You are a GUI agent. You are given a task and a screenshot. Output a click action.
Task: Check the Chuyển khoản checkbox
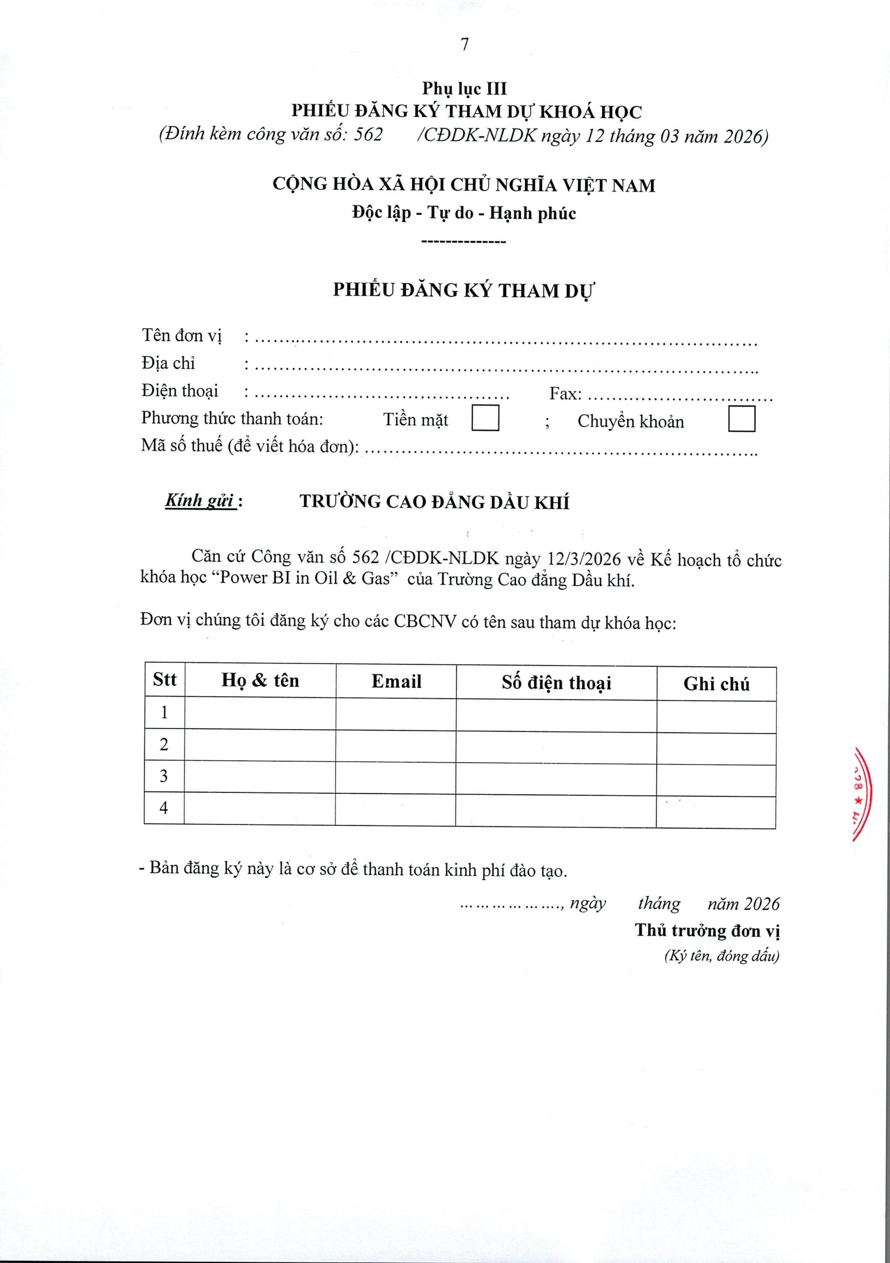click(x=741, y=419)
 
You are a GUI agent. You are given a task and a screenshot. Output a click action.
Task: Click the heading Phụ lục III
click(x=464, y=89)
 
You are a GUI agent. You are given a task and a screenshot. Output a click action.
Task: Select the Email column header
click(x=396, y=681)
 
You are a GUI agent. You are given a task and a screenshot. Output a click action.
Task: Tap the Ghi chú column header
click(x=716, y=684)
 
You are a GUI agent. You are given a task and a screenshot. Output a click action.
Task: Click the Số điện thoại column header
click(x=556, y=683)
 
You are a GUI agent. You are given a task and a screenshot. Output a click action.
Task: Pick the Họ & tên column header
click(x=260, y=680)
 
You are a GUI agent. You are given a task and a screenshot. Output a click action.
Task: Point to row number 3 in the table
click(x=164, y=776)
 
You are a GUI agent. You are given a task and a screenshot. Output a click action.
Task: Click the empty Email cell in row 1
click(x=396, y=713)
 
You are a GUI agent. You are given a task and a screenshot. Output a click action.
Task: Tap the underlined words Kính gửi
click(x=201, y=501)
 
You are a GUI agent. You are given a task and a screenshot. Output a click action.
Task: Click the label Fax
click(x=565, y=394)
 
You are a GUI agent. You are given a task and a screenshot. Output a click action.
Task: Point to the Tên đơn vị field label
click(x=181, y=335)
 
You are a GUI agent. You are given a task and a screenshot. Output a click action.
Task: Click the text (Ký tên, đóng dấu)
click(x=721, y=956)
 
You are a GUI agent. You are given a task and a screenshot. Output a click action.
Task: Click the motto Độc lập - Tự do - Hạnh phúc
click(x=464, y=213)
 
